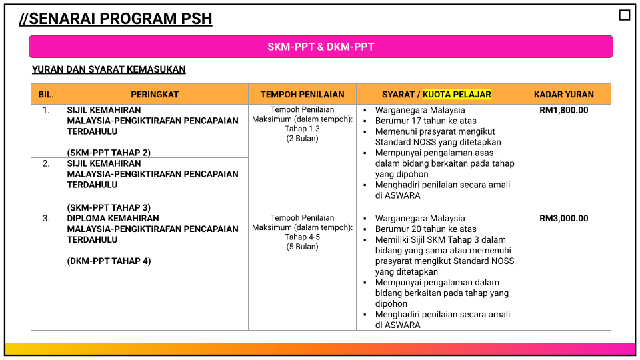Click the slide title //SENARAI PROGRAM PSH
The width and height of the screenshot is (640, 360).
pyautogui.click(x=115, y=19)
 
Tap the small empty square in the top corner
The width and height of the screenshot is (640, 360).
pyautogui.click(x=624, y=15)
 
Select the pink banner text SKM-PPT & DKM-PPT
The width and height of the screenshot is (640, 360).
pyautogui.click(x=321, y=47)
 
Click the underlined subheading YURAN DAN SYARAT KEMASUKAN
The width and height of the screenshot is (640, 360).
pyautogui.click(x=109, y=69)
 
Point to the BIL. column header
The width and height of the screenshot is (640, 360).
pyautogui.click(x=46, y=95)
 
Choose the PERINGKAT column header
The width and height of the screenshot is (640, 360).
pyautogui.click(x=155, y=95)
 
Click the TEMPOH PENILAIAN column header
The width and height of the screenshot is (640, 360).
pyautogui.click(x=303, y=95)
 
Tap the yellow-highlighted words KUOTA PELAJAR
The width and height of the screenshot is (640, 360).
pyautogui.click(x=457, y=95)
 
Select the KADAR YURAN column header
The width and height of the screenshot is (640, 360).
pyautogui.click(x=564, y=95)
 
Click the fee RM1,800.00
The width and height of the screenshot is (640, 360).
pyautogui.click(x=564, y=110)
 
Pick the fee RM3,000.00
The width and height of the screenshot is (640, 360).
pyautogui.click(x=564, y=219)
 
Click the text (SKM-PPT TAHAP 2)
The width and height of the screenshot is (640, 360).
pyautogui.click(x=109, y=153)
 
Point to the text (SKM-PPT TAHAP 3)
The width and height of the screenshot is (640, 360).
pyautogui.click(x=109, y=207)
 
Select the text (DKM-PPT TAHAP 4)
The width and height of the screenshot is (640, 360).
pyautogui.click(x=109, y=261)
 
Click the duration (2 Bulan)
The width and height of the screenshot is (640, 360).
pyautogui.click(x=302, y=139)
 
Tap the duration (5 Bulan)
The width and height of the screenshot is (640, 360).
pyautogui.click(x=302, y=247)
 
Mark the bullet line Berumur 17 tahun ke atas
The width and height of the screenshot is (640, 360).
pyautogui.click(x=426, y=121)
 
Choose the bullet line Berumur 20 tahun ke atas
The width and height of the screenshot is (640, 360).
pyautogui.click(x=426, y=229)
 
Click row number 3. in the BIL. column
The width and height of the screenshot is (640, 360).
pyautogui.click(x=46, y=219)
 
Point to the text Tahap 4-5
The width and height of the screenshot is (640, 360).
pyautogui.click(x=302, y=237)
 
